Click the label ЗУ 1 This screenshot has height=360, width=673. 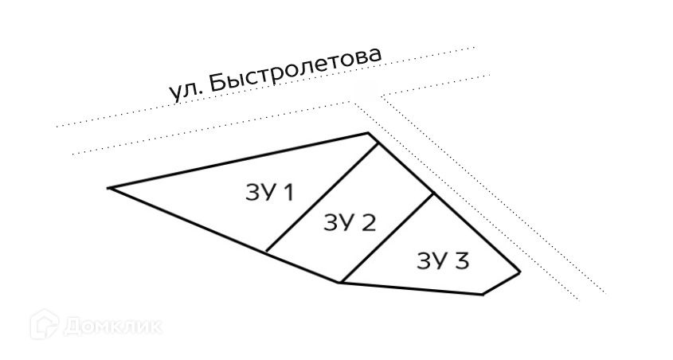tap(267, 193)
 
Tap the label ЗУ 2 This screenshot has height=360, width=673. tap(349, 222)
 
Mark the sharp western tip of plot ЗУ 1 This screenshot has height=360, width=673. tap(109, 188)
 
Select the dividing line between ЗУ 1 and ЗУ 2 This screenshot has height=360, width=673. tap(321, 197)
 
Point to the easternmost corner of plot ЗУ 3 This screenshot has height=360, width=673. tap(519, 273)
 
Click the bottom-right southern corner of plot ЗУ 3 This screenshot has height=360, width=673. tap(482, 295)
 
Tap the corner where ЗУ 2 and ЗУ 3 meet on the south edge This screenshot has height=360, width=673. tap(340, 282)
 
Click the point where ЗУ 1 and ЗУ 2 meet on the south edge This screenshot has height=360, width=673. tap(265, 252)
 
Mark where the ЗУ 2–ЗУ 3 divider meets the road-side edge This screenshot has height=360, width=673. tap(433, 194)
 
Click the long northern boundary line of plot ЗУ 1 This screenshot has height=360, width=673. tap(239, 160)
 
